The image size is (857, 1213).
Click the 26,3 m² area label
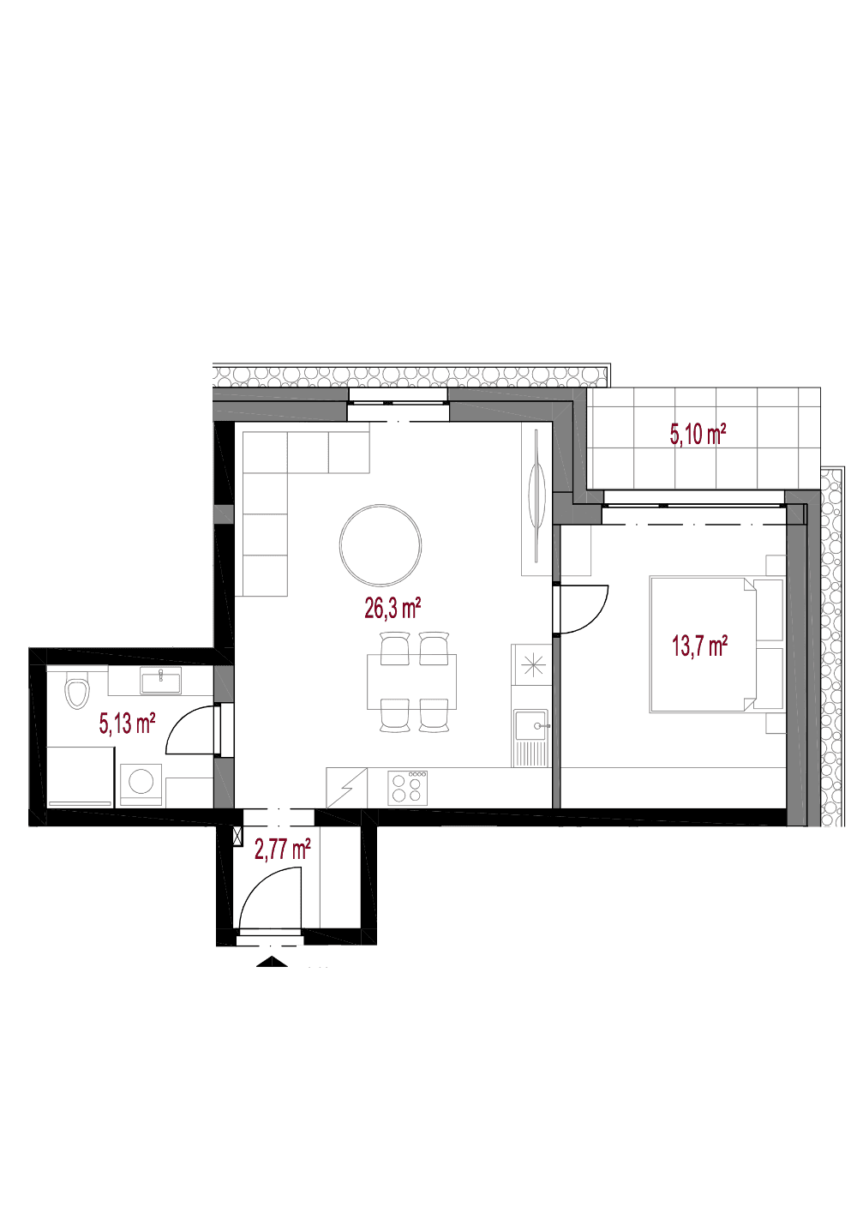pos(393,609)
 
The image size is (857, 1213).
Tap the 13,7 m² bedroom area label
pos(699,646)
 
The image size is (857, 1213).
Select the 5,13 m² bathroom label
pos(127,723)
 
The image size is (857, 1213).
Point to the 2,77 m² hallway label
pos(282,849)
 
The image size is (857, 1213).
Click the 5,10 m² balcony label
pos(698,435)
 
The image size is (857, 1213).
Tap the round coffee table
pos(380,544)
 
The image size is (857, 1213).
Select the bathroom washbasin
pos(160,680)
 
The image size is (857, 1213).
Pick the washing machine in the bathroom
pos(141,785)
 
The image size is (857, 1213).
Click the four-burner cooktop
pos(408,788)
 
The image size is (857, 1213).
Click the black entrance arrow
pos(272,961)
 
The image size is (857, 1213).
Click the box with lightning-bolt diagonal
pos(346,788)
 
